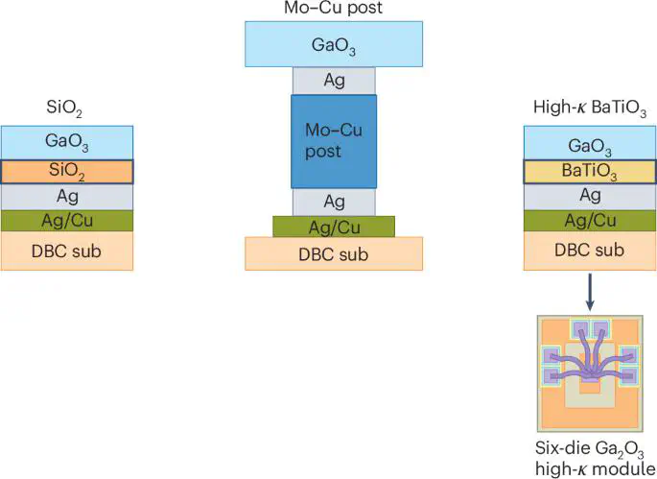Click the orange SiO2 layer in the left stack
[66, 172]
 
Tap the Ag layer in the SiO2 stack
[66, 196]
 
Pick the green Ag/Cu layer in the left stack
[66, 221]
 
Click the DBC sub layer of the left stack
[66, 251]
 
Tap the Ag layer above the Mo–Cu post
[334, 80]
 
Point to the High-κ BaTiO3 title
[588, 108]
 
